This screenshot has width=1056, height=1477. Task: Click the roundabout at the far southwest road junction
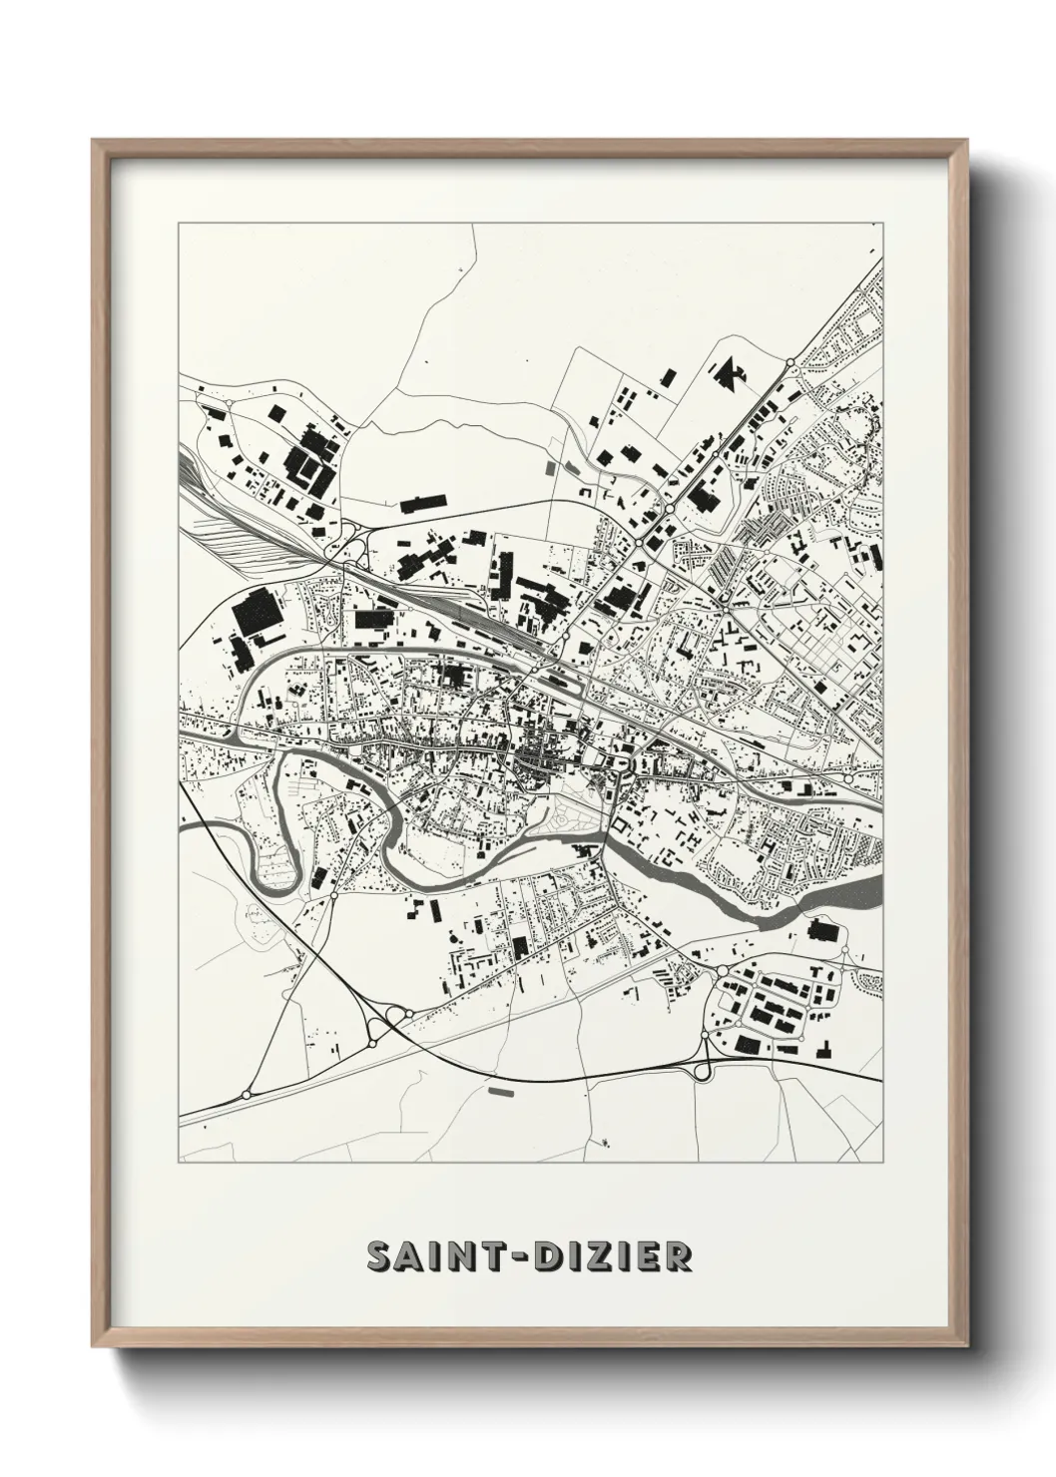coord(246,1095)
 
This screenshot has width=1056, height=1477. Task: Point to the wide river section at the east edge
coord(848,893)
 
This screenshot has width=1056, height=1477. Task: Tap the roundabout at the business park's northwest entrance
coord(721,970)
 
